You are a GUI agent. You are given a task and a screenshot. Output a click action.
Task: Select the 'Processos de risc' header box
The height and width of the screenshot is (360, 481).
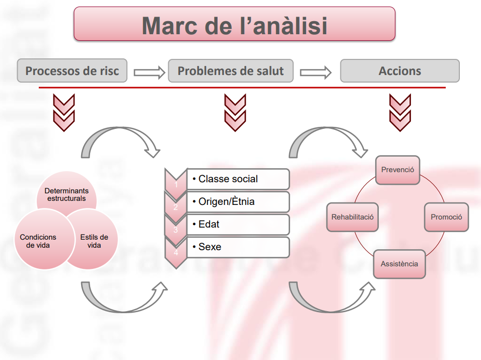click(72, 71)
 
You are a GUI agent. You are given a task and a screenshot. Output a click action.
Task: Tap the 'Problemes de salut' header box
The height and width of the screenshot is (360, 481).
click(231, 71)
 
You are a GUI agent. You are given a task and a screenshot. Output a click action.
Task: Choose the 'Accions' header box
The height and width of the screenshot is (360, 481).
click(400, 71)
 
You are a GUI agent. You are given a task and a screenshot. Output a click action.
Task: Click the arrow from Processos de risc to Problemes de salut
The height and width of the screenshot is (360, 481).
click(149, 73)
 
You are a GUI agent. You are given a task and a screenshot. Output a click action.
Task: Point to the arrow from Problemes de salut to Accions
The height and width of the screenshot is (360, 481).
click(316, 73)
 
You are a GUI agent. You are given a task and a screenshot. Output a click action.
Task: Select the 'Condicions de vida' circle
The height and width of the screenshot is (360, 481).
click(38, 241)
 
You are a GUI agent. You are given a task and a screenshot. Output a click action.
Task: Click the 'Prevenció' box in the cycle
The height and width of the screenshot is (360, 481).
click(397, 170)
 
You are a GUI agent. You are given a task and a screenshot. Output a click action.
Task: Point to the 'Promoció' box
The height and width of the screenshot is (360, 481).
click(446, 217)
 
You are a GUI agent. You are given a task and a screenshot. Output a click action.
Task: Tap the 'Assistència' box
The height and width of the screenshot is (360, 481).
click(399, 264)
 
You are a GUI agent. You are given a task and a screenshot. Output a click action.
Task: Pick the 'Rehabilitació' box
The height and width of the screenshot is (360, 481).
click(352, 217)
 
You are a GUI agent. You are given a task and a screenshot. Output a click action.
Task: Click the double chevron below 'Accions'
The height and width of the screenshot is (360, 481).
click(400, 112)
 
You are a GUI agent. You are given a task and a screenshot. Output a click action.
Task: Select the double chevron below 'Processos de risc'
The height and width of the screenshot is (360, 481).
click(64, 112)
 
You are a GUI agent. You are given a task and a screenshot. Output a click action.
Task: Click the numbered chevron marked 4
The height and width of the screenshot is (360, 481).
click(175, 251)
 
